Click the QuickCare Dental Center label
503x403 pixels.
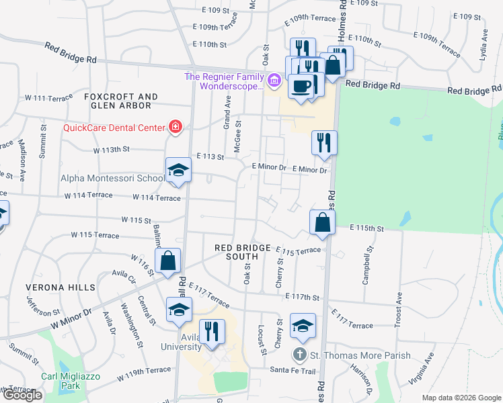click(114, 128)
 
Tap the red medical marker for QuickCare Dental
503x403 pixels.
click(176, 126)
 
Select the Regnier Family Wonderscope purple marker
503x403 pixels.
click(273, 82)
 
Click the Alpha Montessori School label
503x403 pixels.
click(112, 179)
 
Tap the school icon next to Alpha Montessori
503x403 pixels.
click(178, 171)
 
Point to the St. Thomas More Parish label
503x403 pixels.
click(360, 355)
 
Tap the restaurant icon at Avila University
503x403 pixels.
click(212, 332)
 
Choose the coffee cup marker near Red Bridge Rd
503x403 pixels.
click(300, 87)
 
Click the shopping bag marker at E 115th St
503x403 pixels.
click(322, 222)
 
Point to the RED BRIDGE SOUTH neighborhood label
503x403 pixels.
click(245, 252)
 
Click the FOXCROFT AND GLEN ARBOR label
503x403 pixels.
click(121, 101)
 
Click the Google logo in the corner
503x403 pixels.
click(22, 395)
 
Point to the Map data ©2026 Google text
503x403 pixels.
click(461, 398)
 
